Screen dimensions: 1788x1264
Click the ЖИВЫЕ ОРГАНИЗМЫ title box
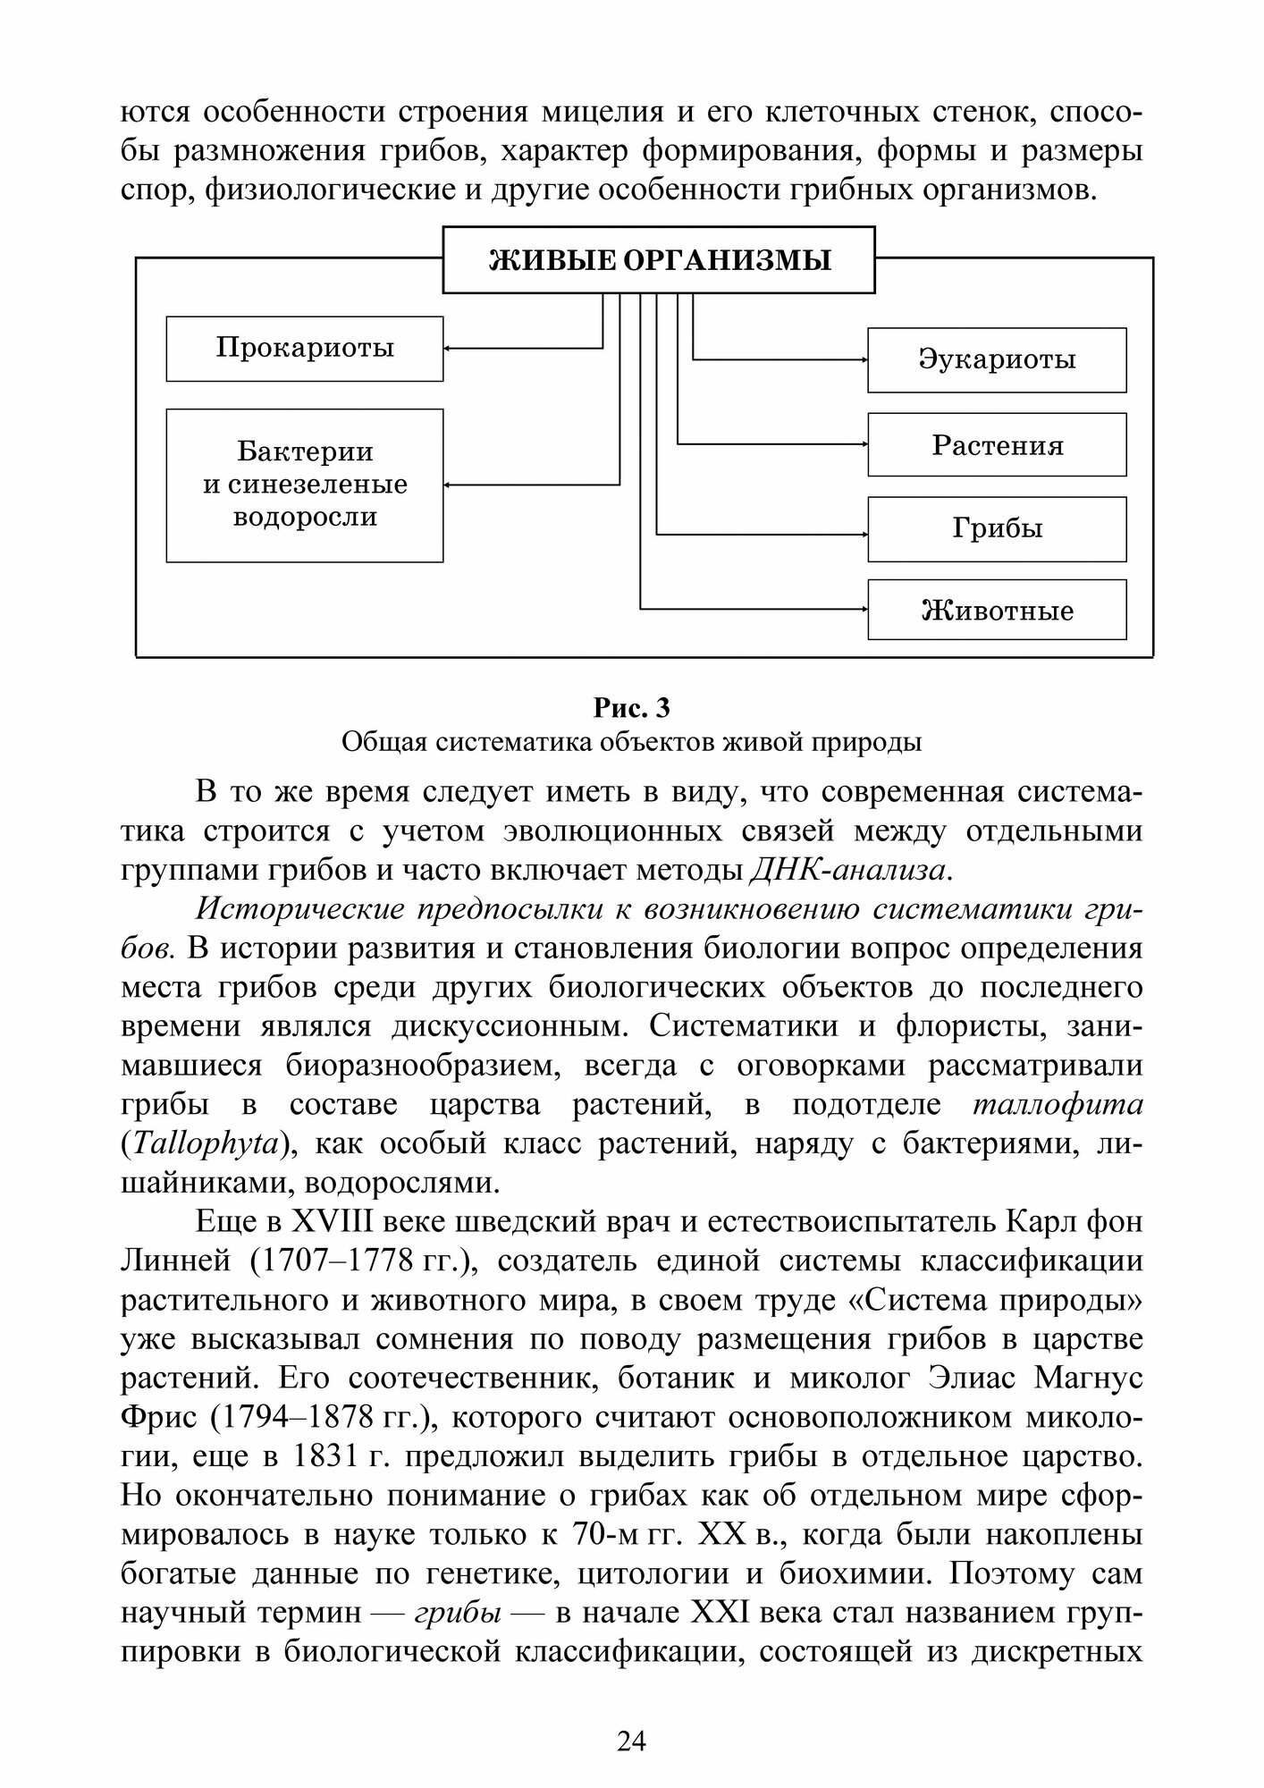point(659,260)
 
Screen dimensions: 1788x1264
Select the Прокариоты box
point(305,348)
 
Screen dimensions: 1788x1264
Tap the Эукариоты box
point(997,359)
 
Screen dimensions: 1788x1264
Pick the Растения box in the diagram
point(997,445)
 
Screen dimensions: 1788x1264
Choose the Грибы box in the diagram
point(997,529)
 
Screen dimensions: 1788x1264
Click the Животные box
point(997,611)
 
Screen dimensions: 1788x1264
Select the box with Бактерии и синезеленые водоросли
point(305,485)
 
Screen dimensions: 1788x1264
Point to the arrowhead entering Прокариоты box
point(448,348)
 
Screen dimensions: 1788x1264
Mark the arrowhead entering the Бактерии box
point(448,485)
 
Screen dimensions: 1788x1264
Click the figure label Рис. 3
point(631,708)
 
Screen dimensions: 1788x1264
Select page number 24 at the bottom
point(631,1741)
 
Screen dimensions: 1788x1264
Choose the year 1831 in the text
point(326,1456)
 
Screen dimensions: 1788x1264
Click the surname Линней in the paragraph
point(169,1261)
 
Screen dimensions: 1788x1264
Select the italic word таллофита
point(1057,1104)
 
